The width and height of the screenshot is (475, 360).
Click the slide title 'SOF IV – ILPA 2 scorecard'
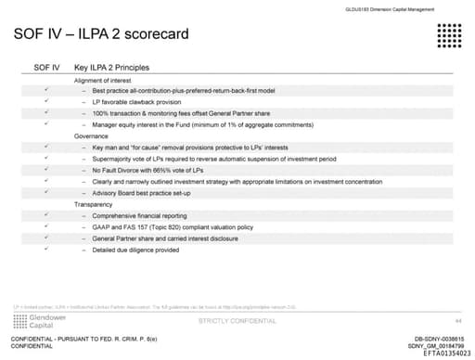[x=102, y=35]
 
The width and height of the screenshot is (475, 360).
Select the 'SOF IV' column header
[x=47, y=68]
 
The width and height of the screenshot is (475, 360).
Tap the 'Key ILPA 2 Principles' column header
[x=112, y=68]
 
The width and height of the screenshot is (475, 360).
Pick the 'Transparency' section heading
[x=95, y=203]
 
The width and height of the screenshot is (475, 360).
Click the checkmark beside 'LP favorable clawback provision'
[x=46, y=100]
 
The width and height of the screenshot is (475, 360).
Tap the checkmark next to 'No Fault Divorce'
[x=46, y=170]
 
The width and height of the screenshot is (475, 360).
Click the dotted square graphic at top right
[x=440, y=36]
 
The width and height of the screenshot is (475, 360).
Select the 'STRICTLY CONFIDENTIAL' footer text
[x=237, y=320]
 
